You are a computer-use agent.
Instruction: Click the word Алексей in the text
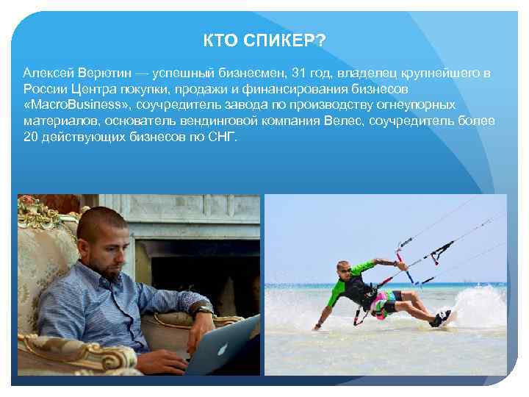click(x=46, y=74)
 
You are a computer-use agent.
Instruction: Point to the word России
click(x=44, y=90)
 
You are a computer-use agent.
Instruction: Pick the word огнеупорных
click(x=421, y=105)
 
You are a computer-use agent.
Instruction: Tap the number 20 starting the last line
click(x=31, y=137)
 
